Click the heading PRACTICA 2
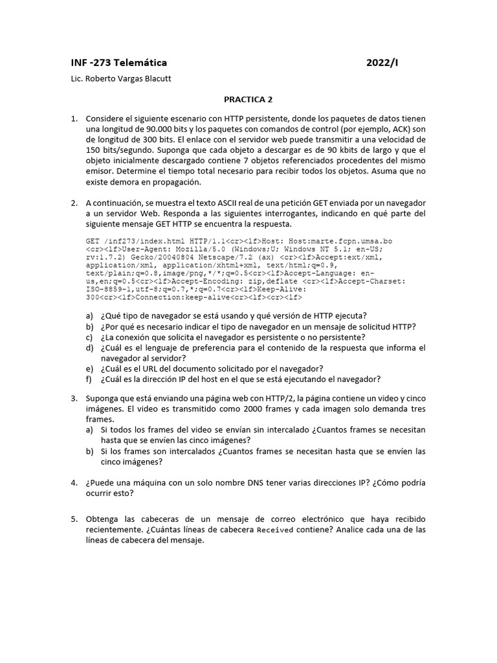click(248, 100)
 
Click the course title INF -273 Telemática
click(118, 63)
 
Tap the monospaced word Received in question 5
click(275, 530)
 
